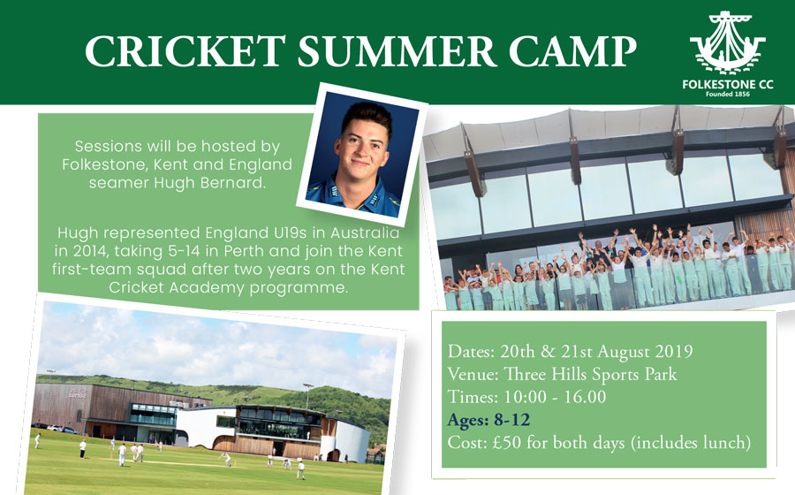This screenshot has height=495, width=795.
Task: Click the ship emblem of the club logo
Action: point(728,42)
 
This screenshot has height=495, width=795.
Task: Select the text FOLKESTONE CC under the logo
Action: point(728,85)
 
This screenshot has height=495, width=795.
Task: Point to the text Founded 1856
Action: point(728,94)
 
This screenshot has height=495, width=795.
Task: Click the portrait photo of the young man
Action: point(362,154)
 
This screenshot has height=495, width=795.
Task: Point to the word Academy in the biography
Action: point(206,287)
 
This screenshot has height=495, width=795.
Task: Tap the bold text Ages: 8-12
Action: point(488,420)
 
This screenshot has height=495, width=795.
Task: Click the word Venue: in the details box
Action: point(473,374)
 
